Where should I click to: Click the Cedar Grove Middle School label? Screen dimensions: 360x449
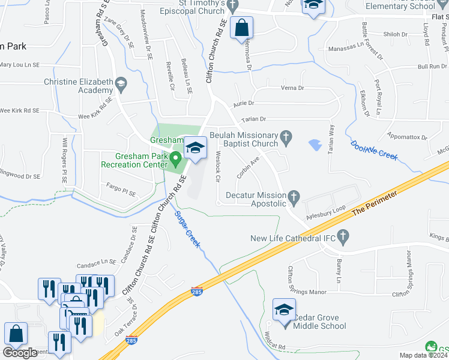tap(319, 322)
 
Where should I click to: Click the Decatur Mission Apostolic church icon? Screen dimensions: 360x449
tap(294, 196)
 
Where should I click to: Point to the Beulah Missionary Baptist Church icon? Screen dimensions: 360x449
tap(286, 139)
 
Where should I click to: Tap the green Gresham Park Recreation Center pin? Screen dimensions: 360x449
tap(176, 159)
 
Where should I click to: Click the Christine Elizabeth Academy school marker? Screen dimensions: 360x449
tap(121, 83)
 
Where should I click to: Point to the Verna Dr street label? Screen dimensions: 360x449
tap(293, 88)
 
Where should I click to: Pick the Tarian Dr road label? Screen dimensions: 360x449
tap(253, 120)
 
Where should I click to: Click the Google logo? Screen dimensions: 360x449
tap(20, 352)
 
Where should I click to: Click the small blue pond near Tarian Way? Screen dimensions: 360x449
tap(315, 145)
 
